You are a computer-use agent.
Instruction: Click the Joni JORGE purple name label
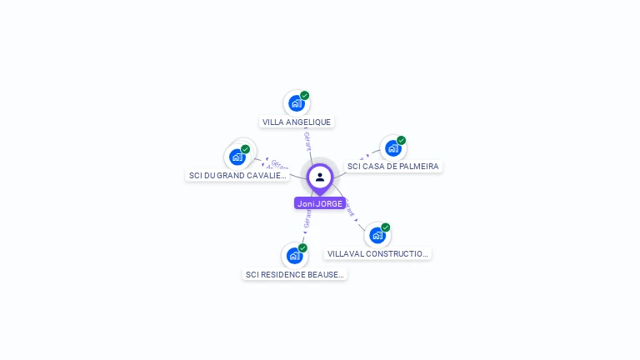click(x=320, y=203)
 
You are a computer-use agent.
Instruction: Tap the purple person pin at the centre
click(x=320, y=177)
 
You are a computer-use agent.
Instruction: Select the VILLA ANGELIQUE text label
click(x=297, y=122)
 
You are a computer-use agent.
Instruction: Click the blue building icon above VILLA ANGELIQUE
click(x=295, y=103)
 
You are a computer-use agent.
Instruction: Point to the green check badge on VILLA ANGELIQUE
click(x=305, y=95)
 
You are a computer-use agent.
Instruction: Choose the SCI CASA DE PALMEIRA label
click(x=392, y=167)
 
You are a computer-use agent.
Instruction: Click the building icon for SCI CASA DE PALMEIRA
click(x=392, y=148)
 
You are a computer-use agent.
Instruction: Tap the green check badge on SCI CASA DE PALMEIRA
click(x=401, y=140)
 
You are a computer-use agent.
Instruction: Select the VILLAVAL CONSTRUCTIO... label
click(x=377, y=253)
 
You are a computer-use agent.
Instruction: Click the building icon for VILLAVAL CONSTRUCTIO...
click(x=377, y=235)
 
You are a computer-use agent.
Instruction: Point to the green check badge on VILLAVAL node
click(x=386, y=227)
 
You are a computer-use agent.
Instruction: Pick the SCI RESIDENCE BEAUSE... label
click(x=294, y=274)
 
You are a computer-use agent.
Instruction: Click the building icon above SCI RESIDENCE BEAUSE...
click(x=293, y=255)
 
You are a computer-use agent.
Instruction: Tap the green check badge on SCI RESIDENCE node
click(x=302, y=247)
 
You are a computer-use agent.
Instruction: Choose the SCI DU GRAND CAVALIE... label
click(x=237, y=176)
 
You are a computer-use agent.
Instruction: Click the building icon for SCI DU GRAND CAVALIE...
click(x=237, y=157)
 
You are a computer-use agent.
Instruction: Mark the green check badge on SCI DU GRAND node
click(x=245, y=148)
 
